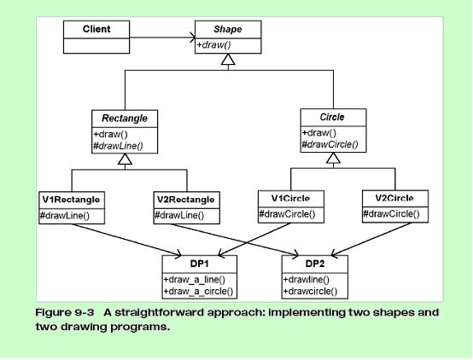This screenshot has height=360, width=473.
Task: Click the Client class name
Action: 96,29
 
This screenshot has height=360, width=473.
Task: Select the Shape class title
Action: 228,29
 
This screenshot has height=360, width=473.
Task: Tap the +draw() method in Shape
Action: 214,45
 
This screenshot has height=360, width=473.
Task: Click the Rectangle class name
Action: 125,119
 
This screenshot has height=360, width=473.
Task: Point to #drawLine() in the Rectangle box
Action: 118,146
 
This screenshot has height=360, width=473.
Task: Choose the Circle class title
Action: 332,117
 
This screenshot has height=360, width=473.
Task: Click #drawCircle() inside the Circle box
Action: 330,144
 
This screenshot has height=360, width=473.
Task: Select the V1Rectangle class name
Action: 71,200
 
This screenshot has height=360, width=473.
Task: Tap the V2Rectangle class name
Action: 186,200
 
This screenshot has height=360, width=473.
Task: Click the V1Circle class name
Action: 290,199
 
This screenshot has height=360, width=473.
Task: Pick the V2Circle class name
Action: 394,198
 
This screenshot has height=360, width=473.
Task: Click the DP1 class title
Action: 200,264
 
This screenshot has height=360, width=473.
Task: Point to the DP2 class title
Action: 315,264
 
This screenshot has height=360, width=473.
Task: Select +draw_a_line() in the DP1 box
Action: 195,280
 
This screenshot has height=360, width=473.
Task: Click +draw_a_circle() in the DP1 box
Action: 198,292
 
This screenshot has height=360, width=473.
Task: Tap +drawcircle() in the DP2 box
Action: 310,292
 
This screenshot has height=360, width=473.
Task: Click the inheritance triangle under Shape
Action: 228,60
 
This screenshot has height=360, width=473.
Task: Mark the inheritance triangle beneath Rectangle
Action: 125,159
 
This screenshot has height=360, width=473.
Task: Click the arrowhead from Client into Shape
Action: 192,38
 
